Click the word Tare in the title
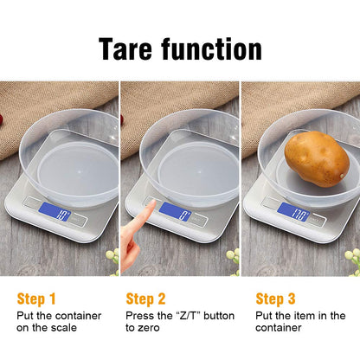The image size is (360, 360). [x=130, y=48]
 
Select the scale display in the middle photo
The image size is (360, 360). [x=175, y=210]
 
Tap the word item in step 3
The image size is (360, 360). [x=306, y=316]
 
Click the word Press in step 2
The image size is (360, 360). [x=140, y=316]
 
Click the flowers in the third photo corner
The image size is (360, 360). [x=350, y=257]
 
